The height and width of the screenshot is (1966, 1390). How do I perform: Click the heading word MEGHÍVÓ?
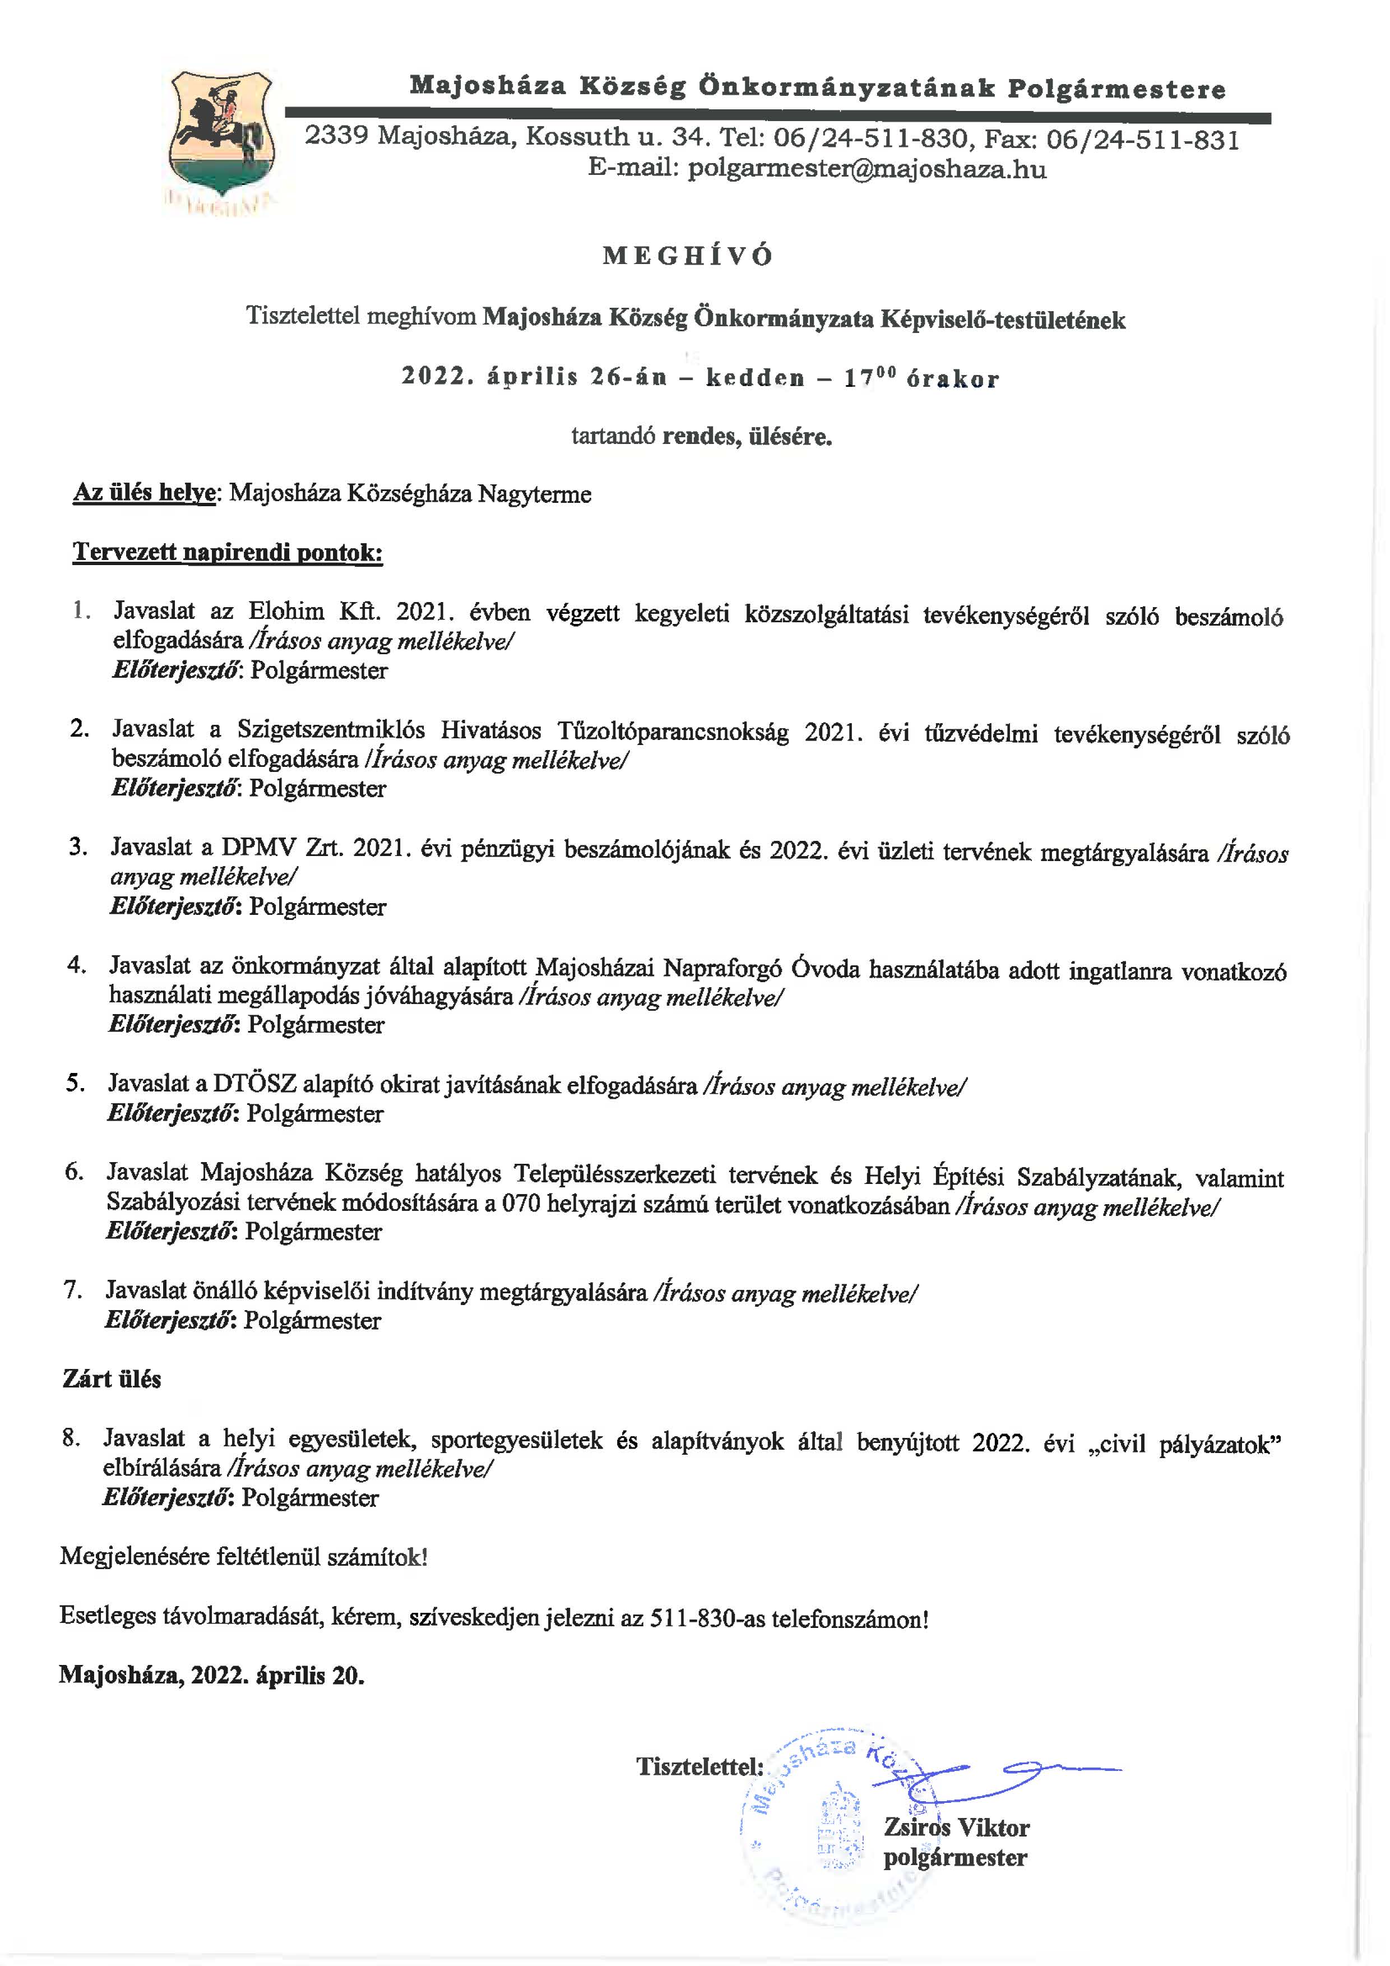(688, 256)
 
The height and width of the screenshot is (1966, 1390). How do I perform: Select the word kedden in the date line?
(755, 378)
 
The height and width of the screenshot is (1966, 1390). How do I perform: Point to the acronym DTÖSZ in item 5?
(254, 1084)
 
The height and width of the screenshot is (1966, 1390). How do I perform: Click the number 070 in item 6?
(521, 1204)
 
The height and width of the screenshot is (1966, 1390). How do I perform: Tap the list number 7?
(73, 1289)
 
